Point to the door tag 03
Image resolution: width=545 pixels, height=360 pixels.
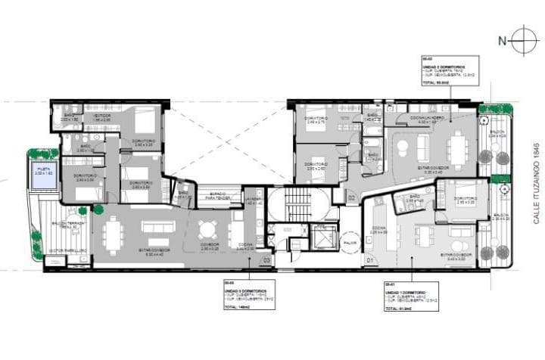(x=266, y=260)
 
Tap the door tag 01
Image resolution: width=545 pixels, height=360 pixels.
(x=369, y=260)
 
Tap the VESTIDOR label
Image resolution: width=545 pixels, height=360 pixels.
(x=102, y=116)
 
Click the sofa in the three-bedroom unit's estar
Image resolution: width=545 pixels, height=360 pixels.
(x=157, y=228)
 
